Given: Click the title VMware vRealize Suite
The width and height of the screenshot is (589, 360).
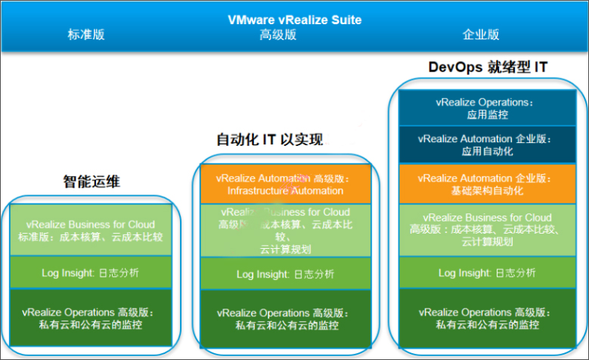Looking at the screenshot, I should tap(295, 20).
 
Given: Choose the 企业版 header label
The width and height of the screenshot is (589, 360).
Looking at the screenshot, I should tap(481, 35).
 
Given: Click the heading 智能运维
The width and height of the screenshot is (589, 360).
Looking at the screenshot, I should tap(91, 182).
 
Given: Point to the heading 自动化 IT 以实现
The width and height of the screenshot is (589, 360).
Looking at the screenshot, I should tap(270, 140).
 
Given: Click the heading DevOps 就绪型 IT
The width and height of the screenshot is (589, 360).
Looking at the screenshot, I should tap(488, 67).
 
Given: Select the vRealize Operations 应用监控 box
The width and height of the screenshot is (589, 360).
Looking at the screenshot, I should tap(484, 107).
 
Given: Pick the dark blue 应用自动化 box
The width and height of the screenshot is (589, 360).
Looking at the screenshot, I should tap(484, 145).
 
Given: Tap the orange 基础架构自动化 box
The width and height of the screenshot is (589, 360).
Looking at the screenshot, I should tap(484, 184).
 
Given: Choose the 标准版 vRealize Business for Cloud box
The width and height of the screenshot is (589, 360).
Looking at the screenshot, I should tap(91, 230).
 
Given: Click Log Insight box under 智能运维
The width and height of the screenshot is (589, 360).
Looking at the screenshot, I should tap(91, 272).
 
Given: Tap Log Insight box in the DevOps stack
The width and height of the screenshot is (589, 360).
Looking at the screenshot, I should tap(484, 273).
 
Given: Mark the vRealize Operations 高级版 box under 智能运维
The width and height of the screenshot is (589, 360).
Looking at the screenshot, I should tap(91, 318).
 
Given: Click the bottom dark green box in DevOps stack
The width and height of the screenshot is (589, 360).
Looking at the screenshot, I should tap(484, 318).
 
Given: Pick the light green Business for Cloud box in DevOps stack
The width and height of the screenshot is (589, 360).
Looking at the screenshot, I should tap(484, 230).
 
